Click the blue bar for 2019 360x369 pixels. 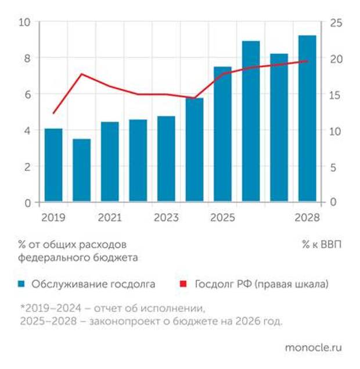53,166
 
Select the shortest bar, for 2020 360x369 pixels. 82,171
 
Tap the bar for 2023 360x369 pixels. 166,159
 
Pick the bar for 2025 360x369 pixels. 222,135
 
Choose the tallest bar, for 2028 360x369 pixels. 307,119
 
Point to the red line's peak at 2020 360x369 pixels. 82,74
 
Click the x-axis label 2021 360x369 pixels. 110,218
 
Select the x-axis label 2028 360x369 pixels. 308,218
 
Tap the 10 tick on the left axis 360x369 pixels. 24,22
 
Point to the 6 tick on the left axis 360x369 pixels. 27,94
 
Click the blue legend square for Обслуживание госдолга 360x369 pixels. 21,284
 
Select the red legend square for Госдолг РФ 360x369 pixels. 185,284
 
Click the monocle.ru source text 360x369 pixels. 313,347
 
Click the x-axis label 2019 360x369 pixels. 53,218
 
